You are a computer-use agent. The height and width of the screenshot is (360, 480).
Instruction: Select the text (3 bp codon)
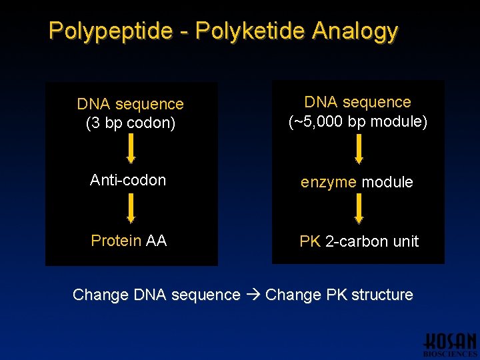(130, 123)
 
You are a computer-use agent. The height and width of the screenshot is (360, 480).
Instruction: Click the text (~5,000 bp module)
(357, 122)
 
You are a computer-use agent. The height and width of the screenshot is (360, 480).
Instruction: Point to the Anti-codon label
(128, 180)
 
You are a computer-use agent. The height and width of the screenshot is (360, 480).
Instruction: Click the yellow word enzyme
(329, 182)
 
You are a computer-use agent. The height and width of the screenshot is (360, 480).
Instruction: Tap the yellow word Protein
(116, 241)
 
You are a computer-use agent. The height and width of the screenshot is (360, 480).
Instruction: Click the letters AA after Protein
(156, 241)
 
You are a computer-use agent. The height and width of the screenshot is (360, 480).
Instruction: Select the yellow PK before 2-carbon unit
(310, 241)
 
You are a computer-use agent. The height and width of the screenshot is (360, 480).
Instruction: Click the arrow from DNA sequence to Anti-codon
(131, 148)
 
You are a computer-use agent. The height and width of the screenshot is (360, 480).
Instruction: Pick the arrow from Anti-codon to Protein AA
(131, 207)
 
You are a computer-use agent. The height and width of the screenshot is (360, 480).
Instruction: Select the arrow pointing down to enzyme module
(359, 148)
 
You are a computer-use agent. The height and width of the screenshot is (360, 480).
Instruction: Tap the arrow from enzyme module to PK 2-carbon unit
(359, 208)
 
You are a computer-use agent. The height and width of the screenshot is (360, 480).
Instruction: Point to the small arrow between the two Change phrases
(253, 295)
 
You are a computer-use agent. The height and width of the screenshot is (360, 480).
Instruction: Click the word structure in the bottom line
(382, 295)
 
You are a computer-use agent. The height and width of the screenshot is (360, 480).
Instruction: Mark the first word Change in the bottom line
(101, 295)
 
